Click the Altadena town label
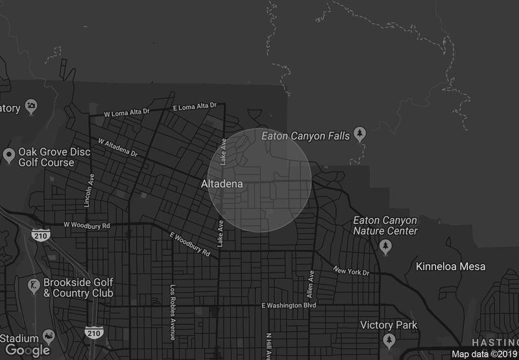(x=222, y=184)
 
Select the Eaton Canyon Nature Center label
(x=385, y=226)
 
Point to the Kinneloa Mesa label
(x=450, y=267)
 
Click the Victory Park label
(x=389, y=325)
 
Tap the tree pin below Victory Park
(x=389, y=340)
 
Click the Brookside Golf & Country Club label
(x=78, y=287)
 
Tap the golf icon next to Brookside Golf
(x=31, y=285)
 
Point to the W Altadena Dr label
(x=118, y=149)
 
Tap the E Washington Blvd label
(x=288, y=305)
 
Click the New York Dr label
(x=351, y=270)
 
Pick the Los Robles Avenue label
(x=173, y=312)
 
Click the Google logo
(x=28, y=350)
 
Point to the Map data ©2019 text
(x=484, y=354)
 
